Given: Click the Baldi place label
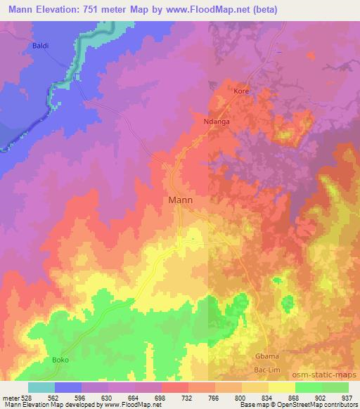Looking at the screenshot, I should tap(39, 46).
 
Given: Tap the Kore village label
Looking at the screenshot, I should tap(241, 92).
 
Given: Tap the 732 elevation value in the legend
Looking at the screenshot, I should tap(176, 397).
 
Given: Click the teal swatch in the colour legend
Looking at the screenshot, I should tap(41, 387).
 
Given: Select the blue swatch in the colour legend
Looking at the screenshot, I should tap(68, 387).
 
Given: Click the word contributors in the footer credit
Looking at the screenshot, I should tap(336, 405).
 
